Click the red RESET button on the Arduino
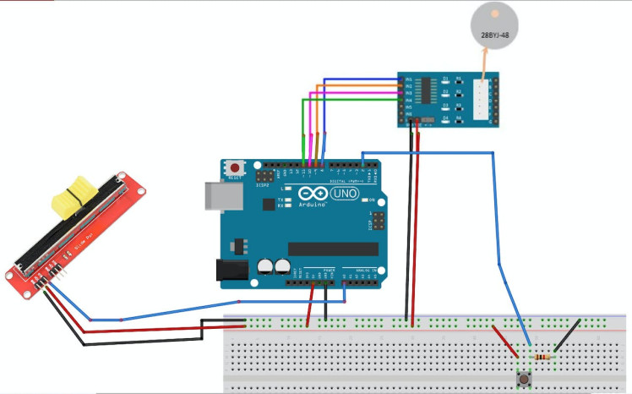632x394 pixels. tap(234, 168)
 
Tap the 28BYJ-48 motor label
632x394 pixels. tap(493, 36)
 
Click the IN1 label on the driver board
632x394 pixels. tap(409, 79)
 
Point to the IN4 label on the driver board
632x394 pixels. tap(409, 100)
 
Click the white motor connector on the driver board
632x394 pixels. tap(483, 100)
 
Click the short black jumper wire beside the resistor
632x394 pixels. tap(567, 336)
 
